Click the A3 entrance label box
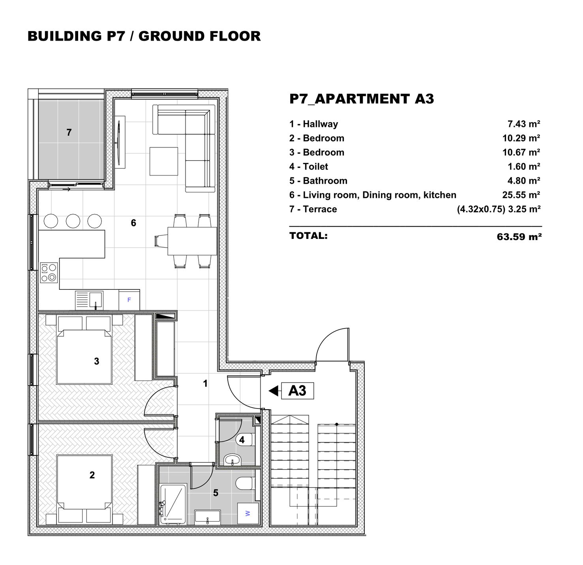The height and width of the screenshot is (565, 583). (297, 391)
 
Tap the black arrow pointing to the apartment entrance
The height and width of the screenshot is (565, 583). (273, 391)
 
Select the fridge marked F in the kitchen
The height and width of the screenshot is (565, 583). (129, 300)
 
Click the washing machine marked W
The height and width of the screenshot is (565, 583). (248, 513)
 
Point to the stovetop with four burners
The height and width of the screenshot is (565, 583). (49, 272)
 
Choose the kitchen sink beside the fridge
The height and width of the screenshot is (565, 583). (89, 300)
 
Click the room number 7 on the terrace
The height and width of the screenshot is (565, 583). (69, 132)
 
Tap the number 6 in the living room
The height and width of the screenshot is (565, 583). (133, 223)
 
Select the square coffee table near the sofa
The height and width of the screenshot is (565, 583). (163, 161)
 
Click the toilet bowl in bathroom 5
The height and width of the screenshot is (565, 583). (245, 483)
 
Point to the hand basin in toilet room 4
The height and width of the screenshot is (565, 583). (232, 459)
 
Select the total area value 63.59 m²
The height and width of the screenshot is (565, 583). (519, 237)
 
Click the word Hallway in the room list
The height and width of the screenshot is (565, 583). (320, 124)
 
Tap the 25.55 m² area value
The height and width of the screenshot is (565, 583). (521, 195)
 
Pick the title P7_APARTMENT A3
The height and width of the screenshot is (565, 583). (362, 99)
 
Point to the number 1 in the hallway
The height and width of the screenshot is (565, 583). (205, 383)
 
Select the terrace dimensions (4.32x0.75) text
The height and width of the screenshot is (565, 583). (481, 209)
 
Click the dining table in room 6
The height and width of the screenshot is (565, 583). (192, 241)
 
